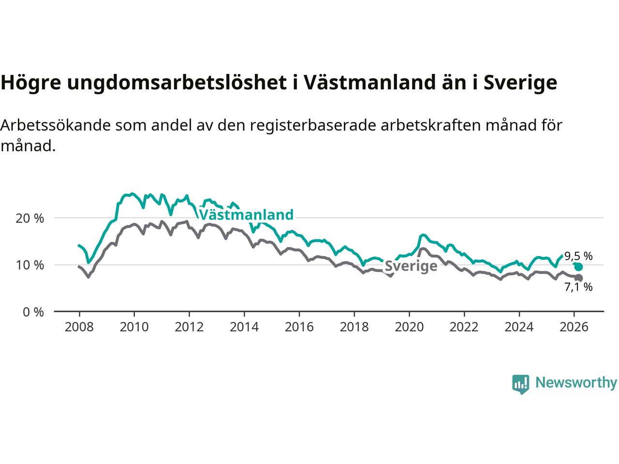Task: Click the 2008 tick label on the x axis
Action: coord(79,327)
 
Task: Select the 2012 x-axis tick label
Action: coord(189,327)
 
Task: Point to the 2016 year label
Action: coord(299,327)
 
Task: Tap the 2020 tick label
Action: coord(409,327)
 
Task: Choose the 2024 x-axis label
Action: coord(519,327)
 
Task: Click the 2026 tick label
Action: coord(574,327)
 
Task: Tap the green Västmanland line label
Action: coord(246,215)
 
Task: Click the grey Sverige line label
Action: coord(411,266)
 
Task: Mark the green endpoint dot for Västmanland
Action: coord(578,267)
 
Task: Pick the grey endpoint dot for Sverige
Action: coord(578,278)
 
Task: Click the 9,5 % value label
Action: coord(578,256)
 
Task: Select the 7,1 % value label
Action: coord(578,287)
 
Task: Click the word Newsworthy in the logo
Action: coord(576,383)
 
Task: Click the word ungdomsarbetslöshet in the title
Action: coord(177,83)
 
